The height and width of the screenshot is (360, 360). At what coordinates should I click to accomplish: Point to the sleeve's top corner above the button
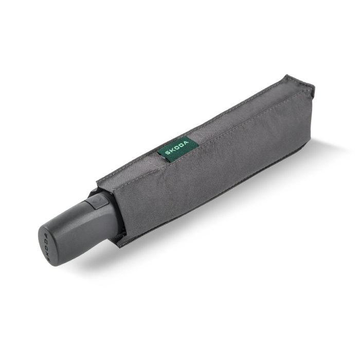pyautogui.click(x=98, y=181)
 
